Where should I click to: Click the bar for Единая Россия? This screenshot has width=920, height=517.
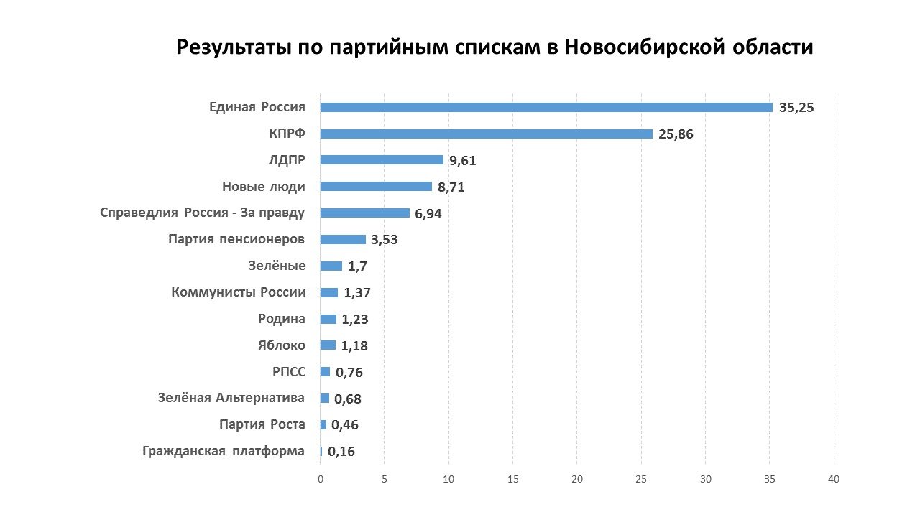click(546, 108)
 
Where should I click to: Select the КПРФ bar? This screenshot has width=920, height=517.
click(486, 134)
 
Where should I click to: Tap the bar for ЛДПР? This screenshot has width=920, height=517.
click(382, 160)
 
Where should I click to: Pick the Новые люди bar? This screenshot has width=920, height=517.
click(376, 187)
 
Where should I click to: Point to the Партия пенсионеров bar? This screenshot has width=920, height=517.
click(343, 239)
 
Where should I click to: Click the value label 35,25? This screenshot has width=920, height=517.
click(796, 108)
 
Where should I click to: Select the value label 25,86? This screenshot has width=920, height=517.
click(676, 134)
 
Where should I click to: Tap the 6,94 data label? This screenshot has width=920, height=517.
click(428, 213)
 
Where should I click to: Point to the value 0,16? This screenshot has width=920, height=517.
click(341, 452)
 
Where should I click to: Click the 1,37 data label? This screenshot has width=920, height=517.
click(357, 293)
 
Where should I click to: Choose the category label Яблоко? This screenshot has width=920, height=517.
click(282, 345)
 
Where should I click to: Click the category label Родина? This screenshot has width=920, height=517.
click(282, 319)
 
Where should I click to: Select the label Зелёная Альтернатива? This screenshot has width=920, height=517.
click(231, 398)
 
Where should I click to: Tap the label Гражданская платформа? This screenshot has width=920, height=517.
click(224, 451)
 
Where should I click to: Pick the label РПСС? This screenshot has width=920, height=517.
click(289, 372)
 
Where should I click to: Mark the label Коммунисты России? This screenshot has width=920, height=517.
click(239, 292)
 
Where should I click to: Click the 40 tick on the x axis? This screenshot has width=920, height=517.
click(834, 479)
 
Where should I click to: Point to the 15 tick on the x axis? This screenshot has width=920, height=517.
click(512, 479)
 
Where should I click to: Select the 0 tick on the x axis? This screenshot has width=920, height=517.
click(321, 479)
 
